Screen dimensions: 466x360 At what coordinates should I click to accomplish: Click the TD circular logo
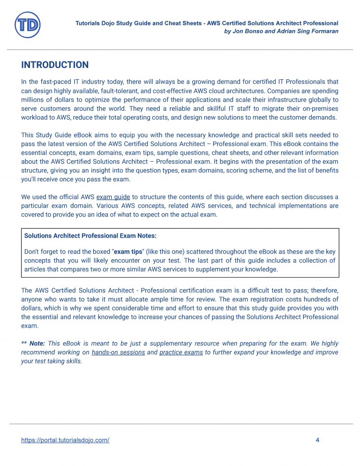click(28, 25)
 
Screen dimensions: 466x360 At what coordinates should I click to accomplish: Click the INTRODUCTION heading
click(55, 65)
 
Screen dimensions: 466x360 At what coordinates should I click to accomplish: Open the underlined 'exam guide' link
click(113, 197)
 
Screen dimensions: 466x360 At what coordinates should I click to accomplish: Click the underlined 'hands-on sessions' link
click(118, 352)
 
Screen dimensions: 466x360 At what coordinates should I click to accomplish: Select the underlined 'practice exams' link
click(181, 352)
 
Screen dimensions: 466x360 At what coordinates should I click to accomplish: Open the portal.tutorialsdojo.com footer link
click(65, 440)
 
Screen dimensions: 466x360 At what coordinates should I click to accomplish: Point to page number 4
click(317, 440)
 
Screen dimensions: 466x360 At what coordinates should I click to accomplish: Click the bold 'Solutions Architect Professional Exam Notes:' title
click(90, 236)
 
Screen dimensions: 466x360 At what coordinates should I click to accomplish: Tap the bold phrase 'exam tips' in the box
click(128, 252)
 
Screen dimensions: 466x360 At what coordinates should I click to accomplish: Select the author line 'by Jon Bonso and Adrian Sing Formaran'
click(281, 31)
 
